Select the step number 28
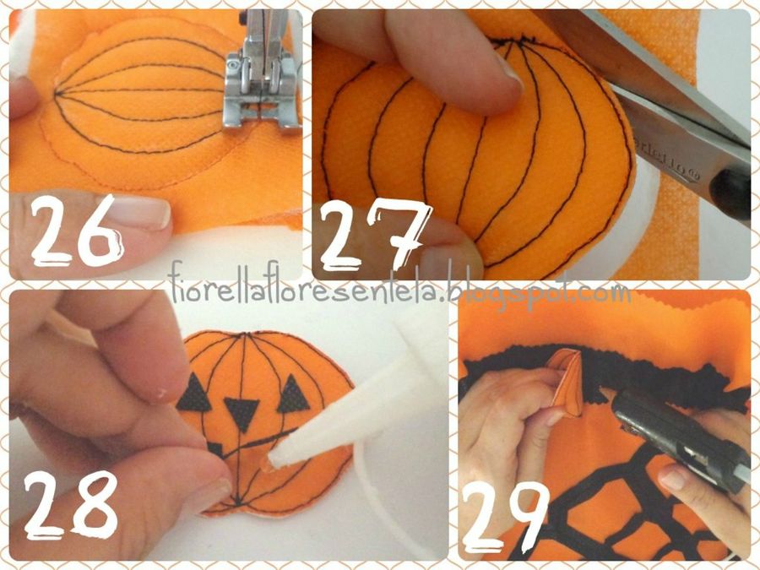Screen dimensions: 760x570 tap(71, 505)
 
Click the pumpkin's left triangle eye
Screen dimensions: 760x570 tap(194, 394)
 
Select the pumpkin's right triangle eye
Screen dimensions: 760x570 tap(294, 394)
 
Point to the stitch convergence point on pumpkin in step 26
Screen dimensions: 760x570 tap(57, 93)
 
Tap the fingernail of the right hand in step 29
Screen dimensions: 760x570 tap(673, 477)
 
